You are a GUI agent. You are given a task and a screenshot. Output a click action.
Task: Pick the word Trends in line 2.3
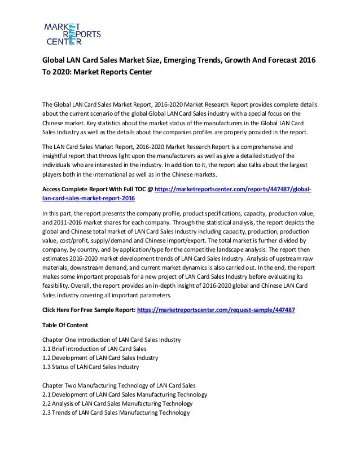click(x=65, y=414)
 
